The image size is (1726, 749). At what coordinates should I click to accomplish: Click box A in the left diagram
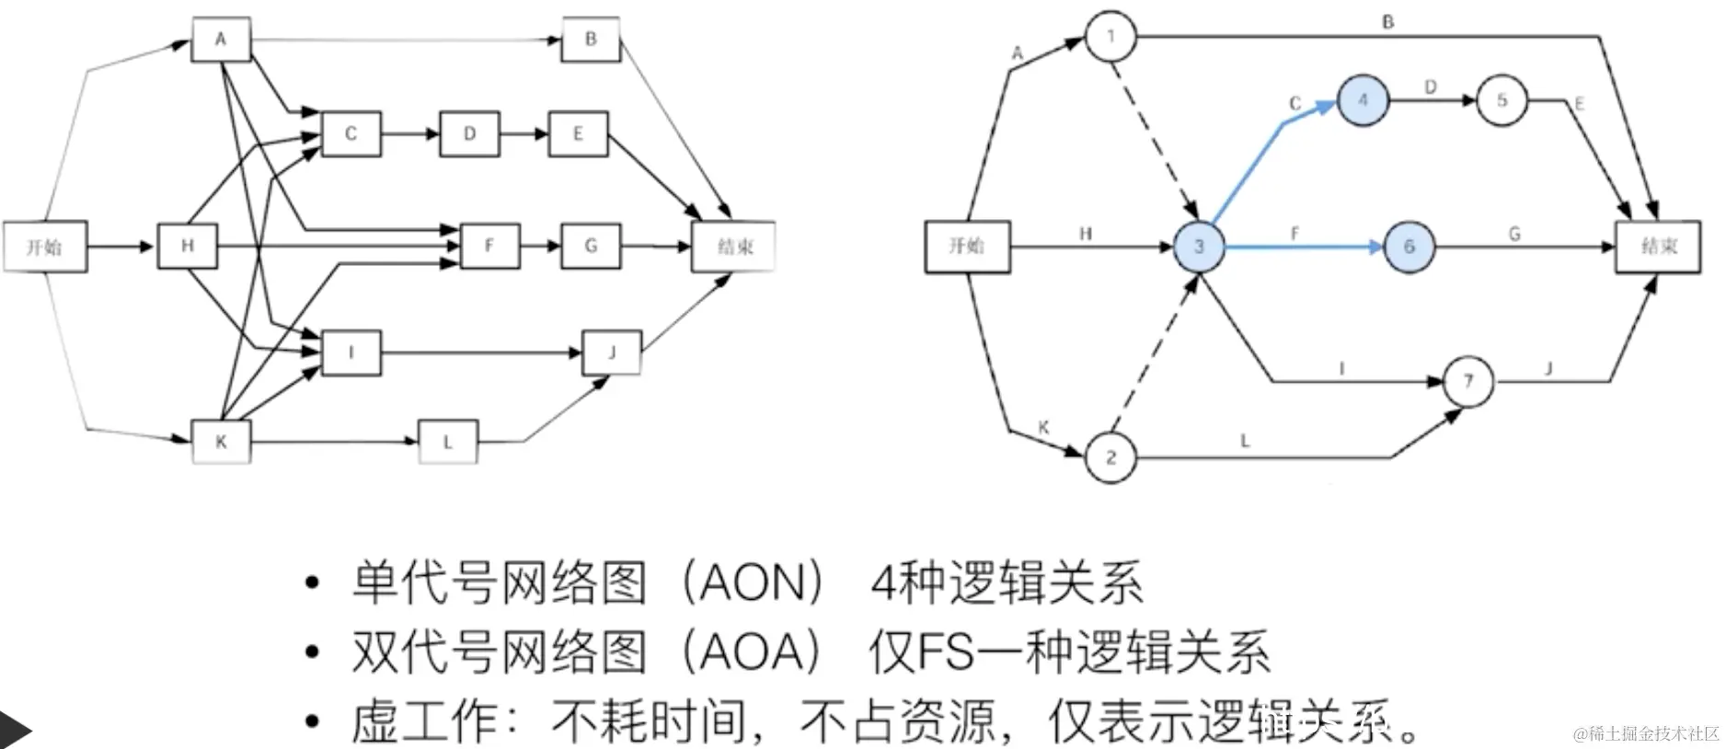tap(221, 40)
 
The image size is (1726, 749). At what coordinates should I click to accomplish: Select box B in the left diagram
tap(591, 40)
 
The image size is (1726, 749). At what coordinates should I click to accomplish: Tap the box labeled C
tap(351, 134)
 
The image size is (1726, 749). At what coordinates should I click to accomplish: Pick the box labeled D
tap(469, 134)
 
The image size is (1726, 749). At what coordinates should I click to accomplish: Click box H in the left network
tap(188, 246)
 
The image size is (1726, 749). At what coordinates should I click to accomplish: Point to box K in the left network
tap(221, 442)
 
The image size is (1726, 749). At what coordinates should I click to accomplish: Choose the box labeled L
tap(448, 442)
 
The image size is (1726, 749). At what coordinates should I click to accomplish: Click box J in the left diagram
tap(612, 352)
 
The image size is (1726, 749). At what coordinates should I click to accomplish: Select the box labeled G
tap(591, 246)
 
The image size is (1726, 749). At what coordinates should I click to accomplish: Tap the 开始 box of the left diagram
tap(45, 247)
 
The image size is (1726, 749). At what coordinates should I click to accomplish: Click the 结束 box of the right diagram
tap(1658, 247)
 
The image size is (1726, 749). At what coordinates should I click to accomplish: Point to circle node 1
tap(1110, 37)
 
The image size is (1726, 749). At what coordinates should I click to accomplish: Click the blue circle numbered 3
tap(1199, 247)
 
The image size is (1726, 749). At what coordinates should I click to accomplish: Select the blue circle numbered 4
tap(1363, 100)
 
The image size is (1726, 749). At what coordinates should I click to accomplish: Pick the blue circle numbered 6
tap(1409, 247)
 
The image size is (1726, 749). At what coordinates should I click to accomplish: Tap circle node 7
tap(1468, 381)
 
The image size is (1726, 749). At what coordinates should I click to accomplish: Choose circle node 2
tap(1110, 457)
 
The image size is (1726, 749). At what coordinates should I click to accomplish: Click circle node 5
tap(1502, 100)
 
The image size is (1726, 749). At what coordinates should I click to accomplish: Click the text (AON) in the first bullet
tap(753, 583)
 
